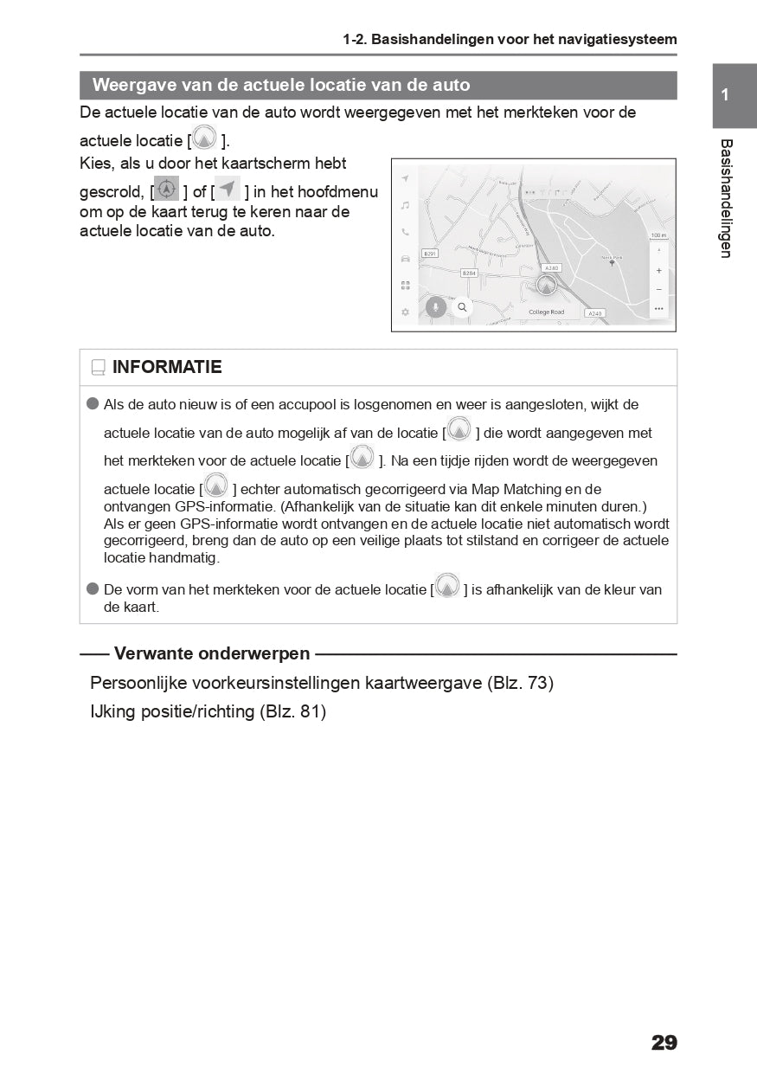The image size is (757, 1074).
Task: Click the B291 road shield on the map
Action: [430, 254]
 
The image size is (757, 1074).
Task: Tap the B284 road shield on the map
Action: [469, 273]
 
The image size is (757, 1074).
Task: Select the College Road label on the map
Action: [546, 312]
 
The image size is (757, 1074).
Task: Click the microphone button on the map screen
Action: [437, 306]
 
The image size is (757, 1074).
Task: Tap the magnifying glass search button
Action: [463, 306]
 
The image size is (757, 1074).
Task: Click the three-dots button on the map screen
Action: [659, 308]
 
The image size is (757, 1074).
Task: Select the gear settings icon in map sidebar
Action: [405, 312]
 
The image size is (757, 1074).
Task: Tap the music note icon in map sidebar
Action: [405, 205]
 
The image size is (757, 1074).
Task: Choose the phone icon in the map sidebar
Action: [405, 232]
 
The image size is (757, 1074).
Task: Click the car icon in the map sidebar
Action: [405, 258]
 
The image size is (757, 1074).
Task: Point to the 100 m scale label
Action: [658, 235]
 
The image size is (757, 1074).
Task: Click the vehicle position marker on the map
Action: [546, 285]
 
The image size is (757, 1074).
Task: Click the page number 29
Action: [664, 1043]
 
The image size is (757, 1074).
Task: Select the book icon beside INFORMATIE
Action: [98, 368]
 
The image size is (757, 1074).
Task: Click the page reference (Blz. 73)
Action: [520, 683]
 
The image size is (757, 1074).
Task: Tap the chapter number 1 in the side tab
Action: [725, 95]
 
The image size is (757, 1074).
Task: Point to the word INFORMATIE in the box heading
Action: [167, 367]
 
